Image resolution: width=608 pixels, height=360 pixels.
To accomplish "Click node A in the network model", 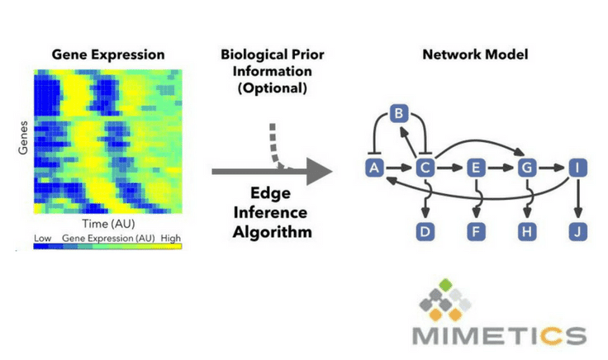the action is pos(374,168).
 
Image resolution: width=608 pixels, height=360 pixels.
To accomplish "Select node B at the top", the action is pos(399,114).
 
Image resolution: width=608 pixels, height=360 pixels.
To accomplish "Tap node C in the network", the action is pos(425,168).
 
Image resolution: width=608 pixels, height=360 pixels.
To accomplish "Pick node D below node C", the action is pos(425,232).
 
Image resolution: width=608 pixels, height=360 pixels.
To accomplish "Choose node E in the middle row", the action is pos(476,168).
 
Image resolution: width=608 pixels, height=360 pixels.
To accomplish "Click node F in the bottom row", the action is pos(476,232).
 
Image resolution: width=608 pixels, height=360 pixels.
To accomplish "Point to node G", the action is pos(527,168).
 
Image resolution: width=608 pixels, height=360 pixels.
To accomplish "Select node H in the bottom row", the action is pos(527,232).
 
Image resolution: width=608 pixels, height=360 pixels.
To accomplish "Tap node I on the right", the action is pos(577,168).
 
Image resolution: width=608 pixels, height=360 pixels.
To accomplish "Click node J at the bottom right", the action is pos(577,232).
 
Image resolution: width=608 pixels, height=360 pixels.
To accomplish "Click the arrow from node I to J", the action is pos(578,197).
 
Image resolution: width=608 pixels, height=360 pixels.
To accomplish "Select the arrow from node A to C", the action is pos(399,168).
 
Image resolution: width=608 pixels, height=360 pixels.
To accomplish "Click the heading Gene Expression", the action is pos(108,54).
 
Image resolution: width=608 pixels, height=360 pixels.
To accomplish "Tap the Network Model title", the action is pos(475,54).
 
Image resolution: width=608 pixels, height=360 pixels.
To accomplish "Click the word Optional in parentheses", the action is pos(273,88).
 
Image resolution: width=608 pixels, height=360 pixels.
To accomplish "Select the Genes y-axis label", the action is pos(23,138).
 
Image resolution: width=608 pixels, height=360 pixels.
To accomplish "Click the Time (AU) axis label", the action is pos(108,224).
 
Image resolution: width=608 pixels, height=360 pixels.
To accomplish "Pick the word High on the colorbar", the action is pos(171,238).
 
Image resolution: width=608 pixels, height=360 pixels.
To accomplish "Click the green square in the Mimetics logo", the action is pos(446,285).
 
